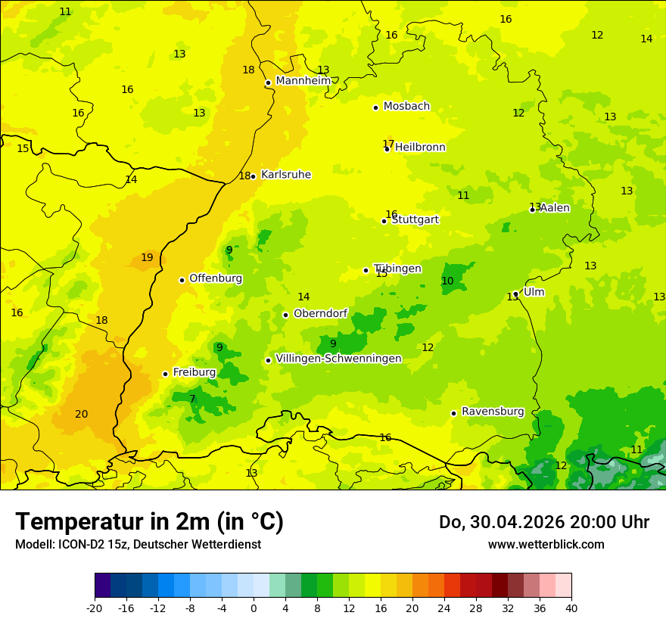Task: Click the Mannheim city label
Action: tap(303, 81)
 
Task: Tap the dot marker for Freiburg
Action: tap(165, 374)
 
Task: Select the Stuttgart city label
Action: tap(415, 219)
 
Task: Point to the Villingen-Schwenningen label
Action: tap(338, 359)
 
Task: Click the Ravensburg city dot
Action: tap(454, 413)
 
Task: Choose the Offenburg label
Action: tap(216, 278)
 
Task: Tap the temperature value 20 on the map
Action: tap(82, 414)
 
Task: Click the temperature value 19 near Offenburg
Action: tap(147, 257)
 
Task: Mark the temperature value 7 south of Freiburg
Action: tap(192, 399)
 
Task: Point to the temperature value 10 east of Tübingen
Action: tap(447, 281)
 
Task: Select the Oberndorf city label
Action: tap(320, 313)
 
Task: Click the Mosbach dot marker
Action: tap(375, 107)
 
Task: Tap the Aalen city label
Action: tap(555, 208)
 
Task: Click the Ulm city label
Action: tap(534, 292)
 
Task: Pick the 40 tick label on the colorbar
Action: tap(571, 608)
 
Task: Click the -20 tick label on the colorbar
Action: tap(95, 608)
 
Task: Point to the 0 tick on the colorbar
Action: tap(254, 608)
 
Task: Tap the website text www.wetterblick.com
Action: tap(546, 544)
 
